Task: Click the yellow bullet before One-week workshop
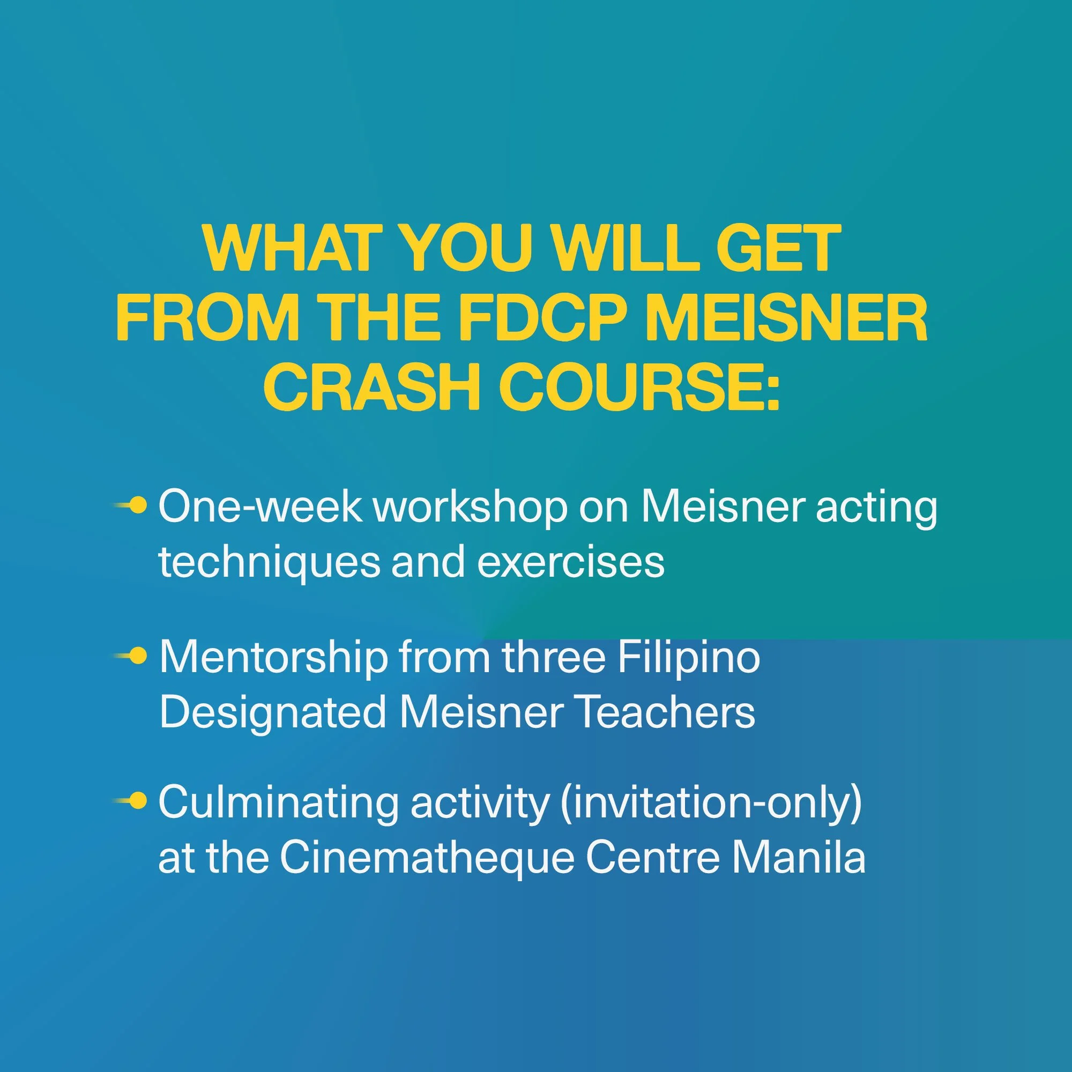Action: pyautogui.click(x=139, y=505)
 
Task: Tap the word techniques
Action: pyautogui.click(x=268, y=563)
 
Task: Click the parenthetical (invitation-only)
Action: pyautogui.click(x=711, y=803)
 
